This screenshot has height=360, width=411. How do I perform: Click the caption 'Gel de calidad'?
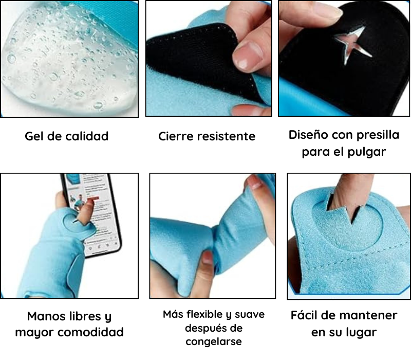point(67,136)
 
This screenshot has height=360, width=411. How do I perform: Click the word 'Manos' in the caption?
point(47,316)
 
